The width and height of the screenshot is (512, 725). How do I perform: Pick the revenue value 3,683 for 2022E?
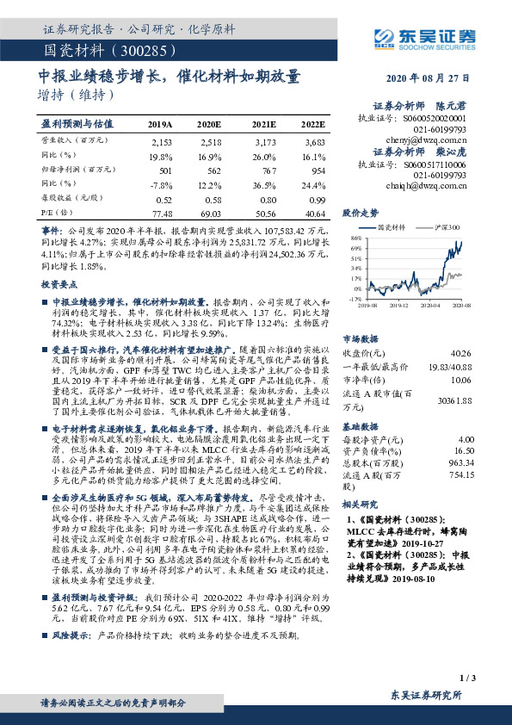pyautogui.click(x=316, y=140)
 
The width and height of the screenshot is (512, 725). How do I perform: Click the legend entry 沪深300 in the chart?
pyautogui.click(x=447, y=226)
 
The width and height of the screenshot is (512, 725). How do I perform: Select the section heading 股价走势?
pyautogui.click(x=361, y=211)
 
